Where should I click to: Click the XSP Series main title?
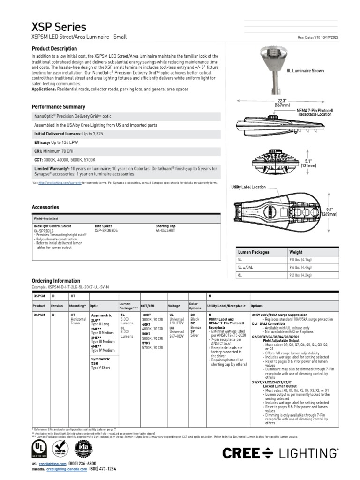point(59,27)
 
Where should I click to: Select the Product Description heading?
point(54,49)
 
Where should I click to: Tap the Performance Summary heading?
point(58,107)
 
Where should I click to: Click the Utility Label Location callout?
point(248,187)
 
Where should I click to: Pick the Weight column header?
point(296,252)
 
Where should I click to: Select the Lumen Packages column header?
point(254,252)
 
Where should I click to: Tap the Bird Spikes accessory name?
point(104,226)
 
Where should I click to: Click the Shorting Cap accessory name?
point(165,226)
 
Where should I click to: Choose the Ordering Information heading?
point(55,281)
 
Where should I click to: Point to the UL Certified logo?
point(39,447)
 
